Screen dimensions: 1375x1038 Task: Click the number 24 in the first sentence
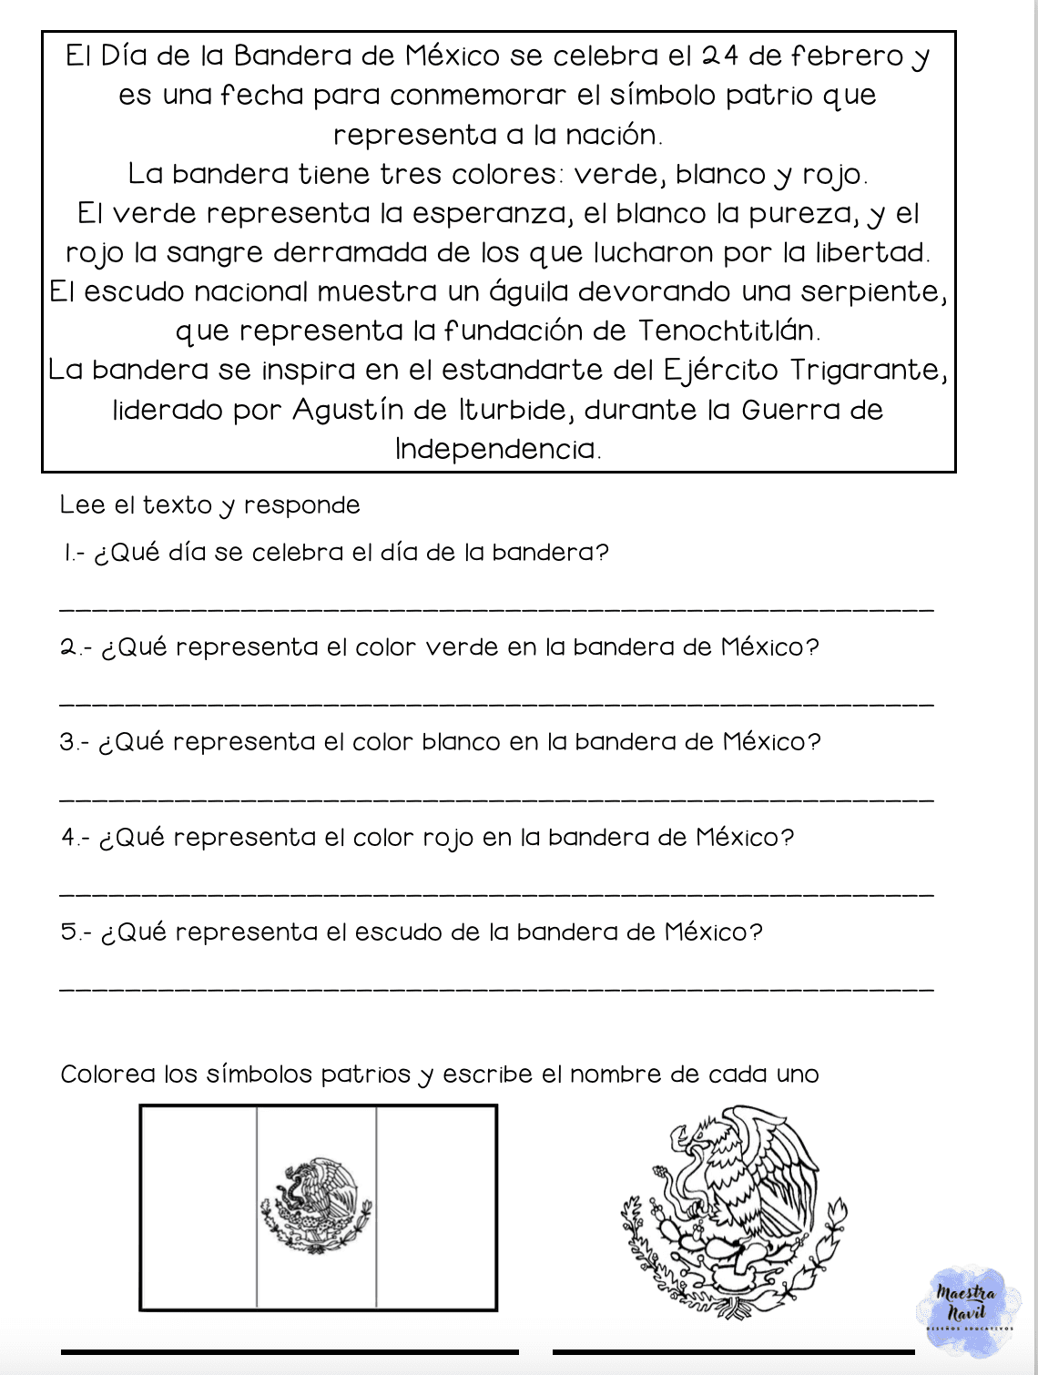coord(719,56)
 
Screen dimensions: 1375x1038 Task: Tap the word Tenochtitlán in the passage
coord(729,331)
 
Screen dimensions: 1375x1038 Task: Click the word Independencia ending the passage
coord(497,449)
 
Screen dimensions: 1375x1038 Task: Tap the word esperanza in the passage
coord(491,213)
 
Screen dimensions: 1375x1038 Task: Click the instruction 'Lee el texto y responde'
coord(209,505)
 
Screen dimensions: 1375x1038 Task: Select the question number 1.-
coord(74,553)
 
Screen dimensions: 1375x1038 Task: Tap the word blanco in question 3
coord(461,742)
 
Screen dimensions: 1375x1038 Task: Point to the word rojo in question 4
coord(448,838)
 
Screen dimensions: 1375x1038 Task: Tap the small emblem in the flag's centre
coord(316,1207)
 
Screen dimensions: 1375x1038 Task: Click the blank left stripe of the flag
coord(198,1207)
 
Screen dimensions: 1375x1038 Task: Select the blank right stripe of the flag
coord(436,1207)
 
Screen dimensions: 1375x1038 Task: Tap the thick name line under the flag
coord(290,1352)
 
